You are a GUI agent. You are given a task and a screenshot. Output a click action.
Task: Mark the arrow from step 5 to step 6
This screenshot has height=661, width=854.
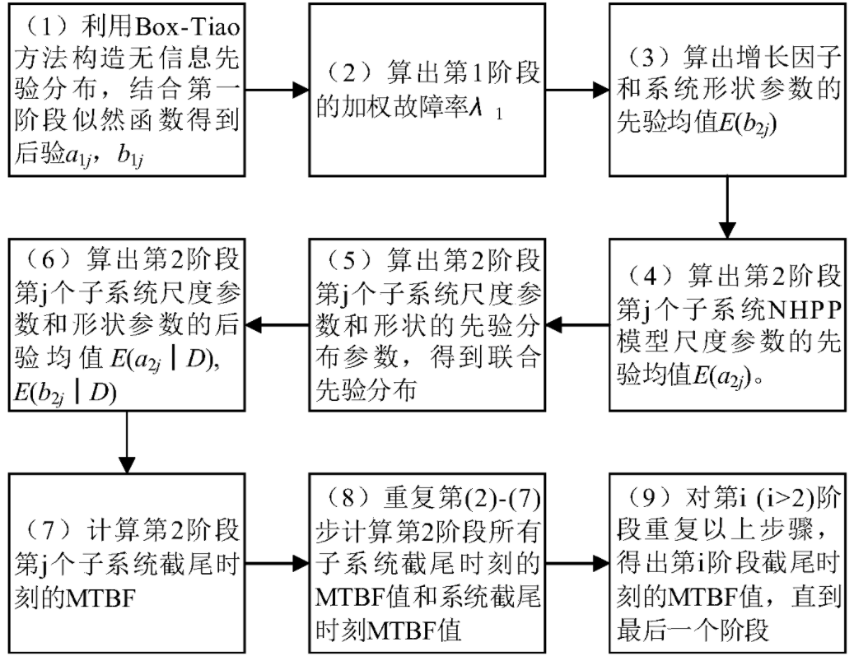[x=278, y=324]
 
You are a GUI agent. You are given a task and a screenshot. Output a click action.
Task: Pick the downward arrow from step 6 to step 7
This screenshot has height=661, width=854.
[x=126, y=440]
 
